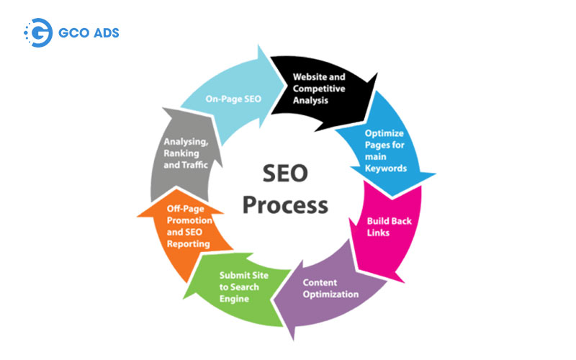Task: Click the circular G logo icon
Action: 38,32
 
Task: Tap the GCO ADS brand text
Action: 89,33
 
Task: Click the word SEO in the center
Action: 285,174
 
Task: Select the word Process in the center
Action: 285,205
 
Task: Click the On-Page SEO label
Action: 233,99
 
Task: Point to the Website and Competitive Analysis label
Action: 319,89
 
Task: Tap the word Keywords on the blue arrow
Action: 386,168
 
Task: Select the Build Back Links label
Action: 389,227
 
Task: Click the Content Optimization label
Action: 330,289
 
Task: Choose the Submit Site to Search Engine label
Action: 244,287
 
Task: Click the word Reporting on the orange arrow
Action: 188,244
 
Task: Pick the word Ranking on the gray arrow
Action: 181,153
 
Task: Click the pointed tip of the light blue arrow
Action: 284,86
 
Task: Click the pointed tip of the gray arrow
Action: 163,109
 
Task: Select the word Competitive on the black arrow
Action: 319,89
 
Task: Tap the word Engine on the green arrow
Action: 234,299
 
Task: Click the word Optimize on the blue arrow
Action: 384,133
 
